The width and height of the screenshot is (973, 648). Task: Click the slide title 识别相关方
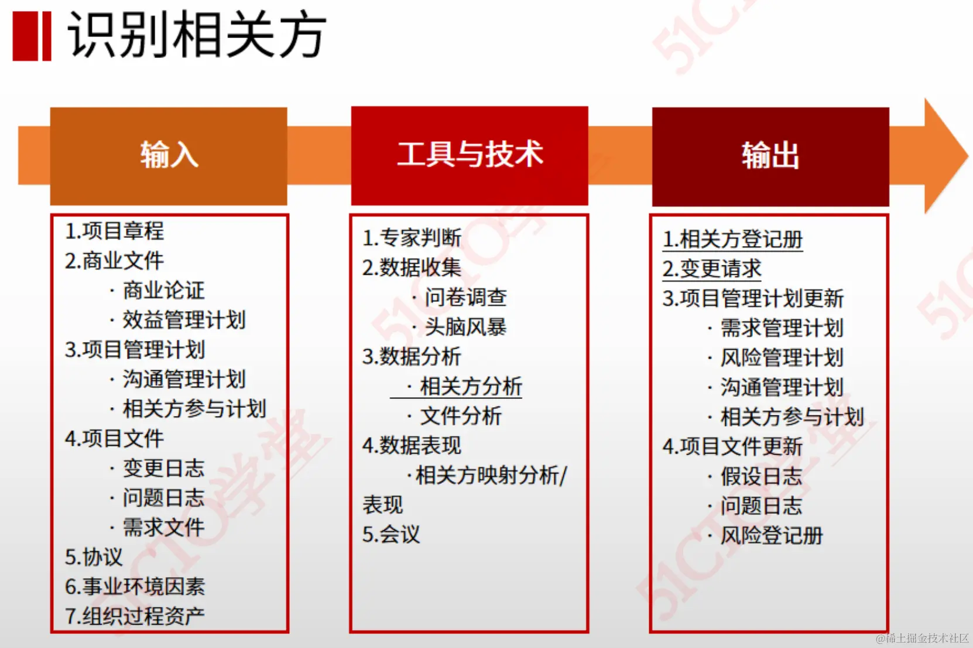197,35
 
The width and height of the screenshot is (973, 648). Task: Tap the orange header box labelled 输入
169,156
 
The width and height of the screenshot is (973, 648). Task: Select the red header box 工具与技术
470,155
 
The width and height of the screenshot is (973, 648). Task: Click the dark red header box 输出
770,156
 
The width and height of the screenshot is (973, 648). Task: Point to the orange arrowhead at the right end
944,156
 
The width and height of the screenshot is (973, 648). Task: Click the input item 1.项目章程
115,231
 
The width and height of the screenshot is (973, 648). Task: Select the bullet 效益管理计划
184,320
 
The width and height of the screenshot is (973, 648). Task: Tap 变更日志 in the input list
163,468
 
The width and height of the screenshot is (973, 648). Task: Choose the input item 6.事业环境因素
135,586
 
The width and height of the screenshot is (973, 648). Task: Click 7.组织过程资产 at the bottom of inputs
135,616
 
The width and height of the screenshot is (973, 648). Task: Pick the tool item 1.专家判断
412,238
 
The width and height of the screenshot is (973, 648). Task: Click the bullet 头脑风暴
465,327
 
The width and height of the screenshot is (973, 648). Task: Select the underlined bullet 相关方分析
471,387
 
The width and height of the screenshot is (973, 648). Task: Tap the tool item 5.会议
391,534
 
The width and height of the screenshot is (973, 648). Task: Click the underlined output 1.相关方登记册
733,240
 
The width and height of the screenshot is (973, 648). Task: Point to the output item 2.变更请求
712,269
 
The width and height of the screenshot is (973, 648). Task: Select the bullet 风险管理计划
782,357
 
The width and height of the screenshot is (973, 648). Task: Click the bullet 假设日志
761,476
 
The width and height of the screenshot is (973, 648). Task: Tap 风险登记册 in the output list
772,536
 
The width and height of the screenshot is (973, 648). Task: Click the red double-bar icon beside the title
32,36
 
